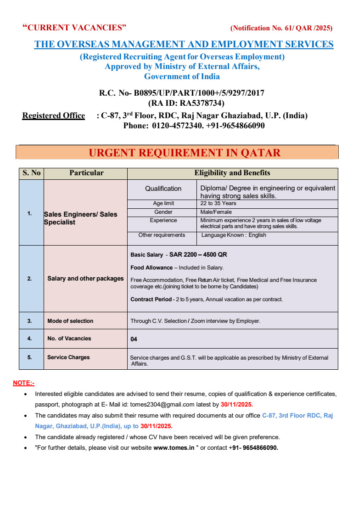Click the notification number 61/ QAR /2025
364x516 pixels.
[x=281, y=28]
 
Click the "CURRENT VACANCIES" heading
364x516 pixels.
[x=74, y=28]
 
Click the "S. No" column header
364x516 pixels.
[x=31, y=173]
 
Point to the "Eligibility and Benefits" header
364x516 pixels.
[x=232, y=173]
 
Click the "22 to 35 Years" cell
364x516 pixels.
[x=218, y=203]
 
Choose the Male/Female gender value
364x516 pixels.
[x=216, y=212]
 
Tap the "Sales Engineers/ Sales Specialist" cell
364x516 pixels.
[x=81, y=218]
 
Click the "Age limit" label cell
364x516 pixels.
[x=163, y=203]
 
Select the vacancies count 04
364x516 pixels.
[x=134, y=339]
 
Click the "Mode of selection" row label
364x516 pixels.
[x=70, y=321]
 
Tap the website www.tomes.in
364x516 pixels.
[x=174, y=447]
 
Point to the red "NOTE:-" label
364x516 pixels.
[x=24, y=383]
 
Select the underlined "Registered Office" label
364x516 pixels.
[x=54, y=115]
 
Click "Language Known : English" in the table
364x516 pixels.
[x=234, y=235]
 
